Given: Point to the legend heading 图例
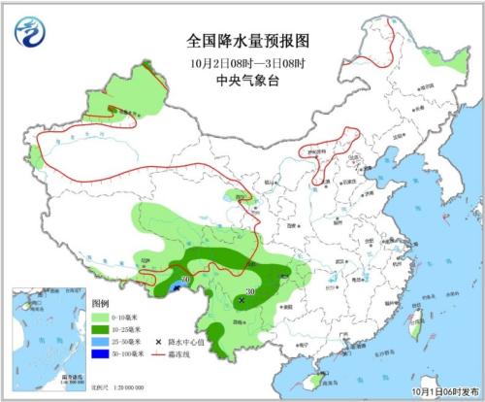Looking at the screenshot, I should tap(101, 304).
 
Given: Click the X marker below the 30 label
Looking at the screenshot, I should tap(242, 301).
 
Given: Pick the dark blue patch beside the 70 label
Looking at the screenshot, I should tap(175, 288).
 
